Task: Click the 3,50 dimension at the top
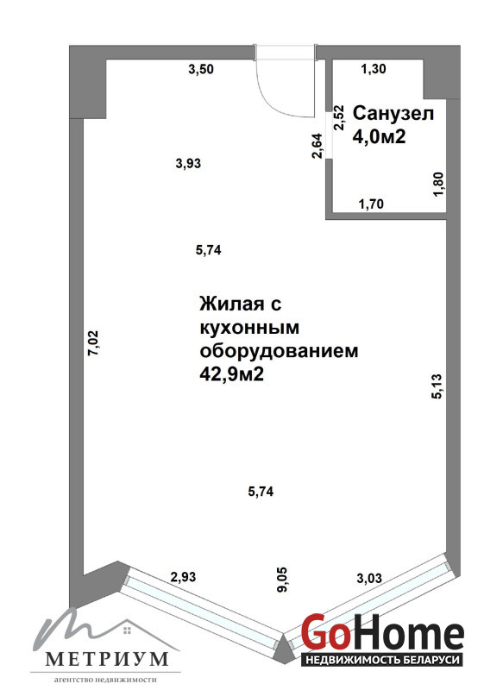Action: point(201,69)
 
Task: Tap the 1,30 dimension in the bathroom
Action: point(374,69)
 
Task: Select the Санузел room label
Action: point(393,114)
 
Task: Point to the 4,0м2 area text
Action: point(379,137)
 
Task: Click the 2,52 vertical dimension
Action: point(339,117)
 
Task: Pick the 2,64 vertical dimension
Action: point(318,146)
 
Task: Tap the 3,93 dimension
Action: point(188,164)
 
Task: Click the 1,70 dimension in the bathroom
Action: point(371,204)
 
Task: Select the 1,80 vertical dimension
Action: point(439,185)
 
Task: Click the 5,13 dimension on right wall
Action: point(437,386)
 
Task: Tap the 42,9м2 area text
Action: point(232,374)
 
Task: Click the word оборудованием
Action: point(279,351)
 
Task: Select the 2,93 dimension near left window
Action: point(183,577)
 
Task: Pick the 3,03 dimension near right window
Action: point(368,578)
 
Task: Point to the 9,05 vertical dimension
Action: point(282,580)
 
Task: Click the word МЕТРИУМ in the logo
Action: point(107,659)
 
